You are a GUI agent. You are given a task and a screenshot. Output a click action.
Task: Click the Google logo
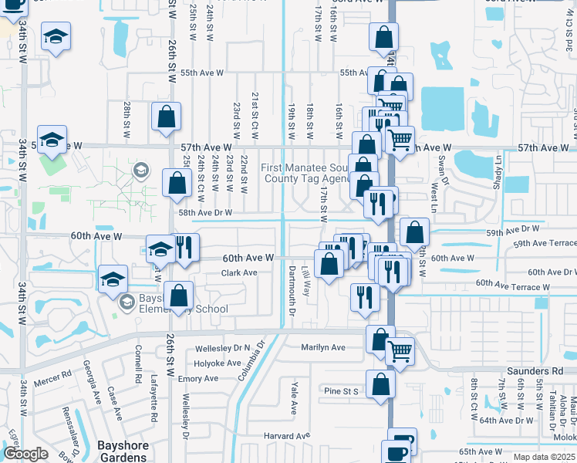click(25, 454)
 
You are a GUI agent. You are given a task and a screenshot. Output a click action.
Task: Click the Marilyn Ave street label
click(323, 347)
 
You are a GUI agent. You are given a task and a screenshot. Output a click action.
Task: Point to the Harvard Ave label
click(285, 436)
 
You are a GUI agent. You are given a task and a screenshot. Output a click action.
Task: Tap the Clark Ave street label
click(239, 272)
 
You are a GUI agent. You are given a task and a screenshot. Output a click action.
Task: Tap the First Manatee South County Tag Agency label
click(307, 174)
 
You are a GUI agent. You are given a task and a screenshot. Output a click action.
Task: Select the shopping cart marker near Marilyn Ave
click(400, 351)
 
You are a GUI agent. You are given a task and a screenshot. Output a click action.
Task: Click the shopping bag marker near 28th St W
click(166, 117)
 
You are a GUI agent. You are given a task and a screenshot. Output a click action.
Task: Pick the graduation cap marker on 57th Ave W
click(52, 140)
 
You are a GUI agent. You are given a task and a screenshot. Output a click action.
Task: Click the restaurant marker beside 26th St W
click(185, 248)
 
